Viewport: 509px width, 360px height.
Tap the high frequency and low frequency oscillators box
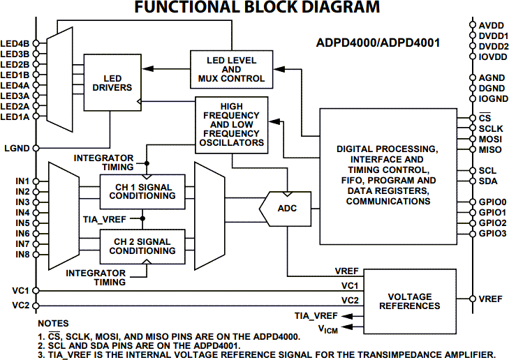(232, 123)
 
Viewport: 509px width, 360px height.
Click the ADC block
(287, 208)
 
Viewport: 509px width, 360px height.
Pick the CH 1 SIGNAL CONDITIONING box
(142, 191)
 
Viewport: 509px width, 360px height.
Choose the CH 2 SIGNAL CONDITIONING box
(142, 246)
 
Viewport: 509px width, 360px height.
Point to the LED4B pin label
(15, 43)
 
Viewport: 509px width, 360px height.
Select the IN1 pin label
(22, 181)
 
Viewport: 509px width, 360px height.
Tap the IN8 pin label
(22, 255)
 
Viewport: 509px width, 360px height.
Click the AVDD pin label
(492, 25)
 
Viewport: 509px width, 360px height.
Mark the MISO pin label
(491, 149)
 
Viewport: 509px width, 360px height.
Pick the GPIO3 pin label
(493, 233)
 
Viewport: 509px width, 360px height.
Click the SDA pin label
(488, 181)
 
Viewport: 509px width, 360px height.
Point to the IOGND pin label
(493, 98)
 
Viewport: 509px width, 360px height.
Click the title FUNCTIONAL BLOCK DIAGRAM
(257, 8)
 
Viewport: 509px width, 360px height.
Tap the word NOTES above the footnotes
(54, 324)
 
